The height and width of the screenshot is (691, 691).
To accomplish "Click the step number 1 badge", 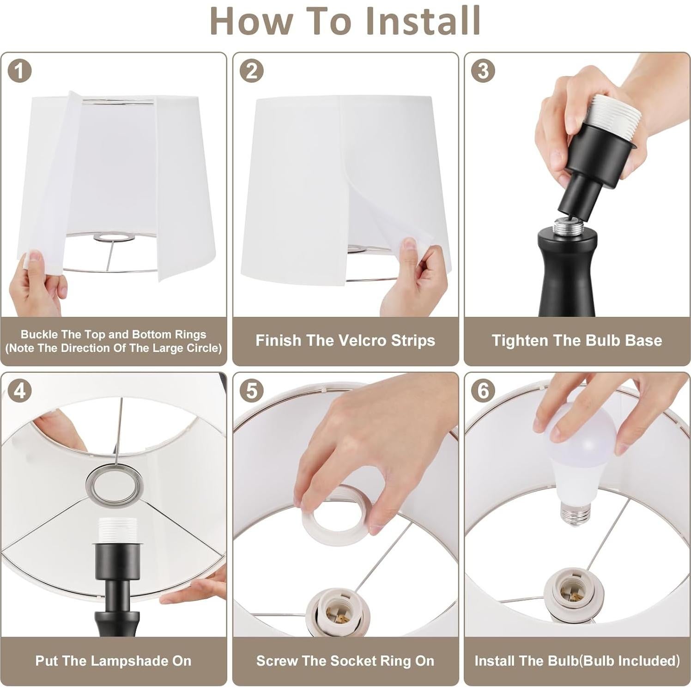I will point(19,71).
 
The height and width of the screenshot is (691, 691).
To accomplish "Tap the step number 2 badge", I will point(251,71).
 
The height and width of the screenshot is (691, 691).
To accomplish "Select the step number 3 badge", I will point(483,71).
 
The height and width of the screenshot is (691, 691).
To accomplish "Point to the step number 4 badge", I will point(19,391).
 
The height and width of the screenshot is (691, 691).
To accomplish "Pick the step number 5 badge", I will point(251,391).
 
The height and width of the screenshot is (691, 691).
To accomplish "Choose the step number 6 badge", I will point(483,391).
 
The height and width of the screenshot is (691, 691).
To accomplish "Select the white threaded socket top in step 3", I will point(609,111).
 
